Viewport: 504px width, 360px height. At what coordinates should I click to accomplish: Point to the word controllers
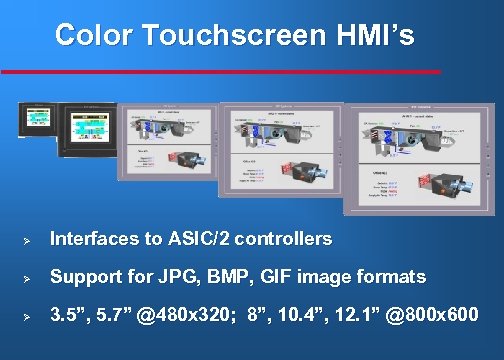(289, 240)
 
